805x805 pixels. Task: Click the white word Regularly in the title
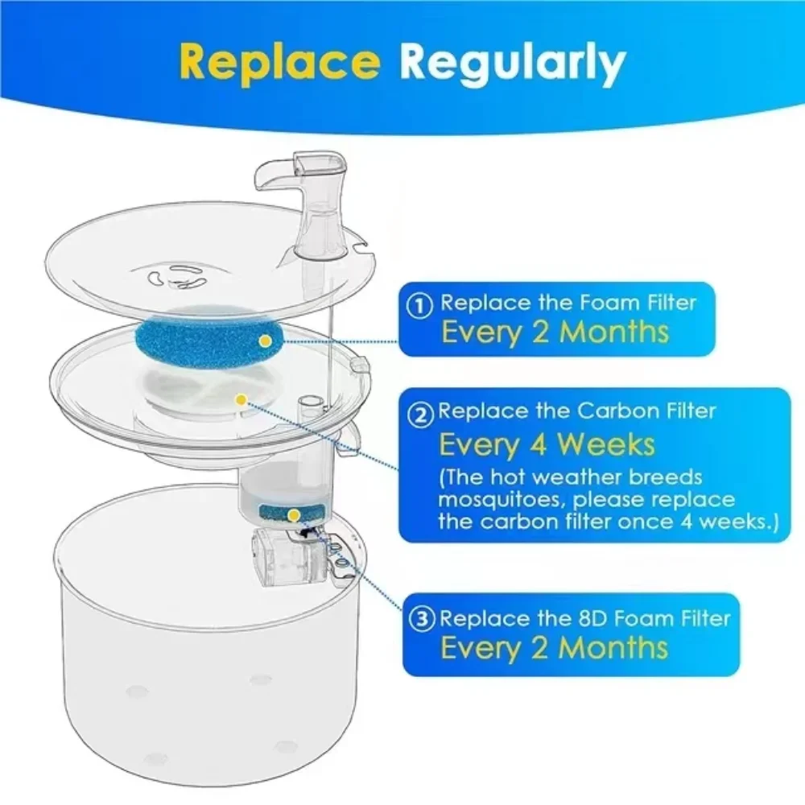click(x=513, y=63)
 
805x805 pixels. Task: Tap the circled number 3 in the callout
click(x=424, y=619)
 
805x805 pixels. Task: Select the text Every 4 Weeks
click(x=547, y=444)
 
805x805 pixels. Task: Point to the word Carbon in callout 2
click(x=613, y=411)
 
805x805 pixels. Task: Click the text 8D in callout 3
click(x=569, y=618)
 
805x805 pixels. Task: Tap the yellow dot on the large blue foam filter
click(x=265, y=342)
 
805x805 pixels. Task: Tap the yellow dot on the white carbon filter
click(x=239, y=398)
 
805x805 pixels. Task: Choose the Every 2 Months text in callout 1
click(x=555, y=332)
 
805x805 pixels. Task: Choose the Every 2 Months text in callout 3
click(x=555, y=647)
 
